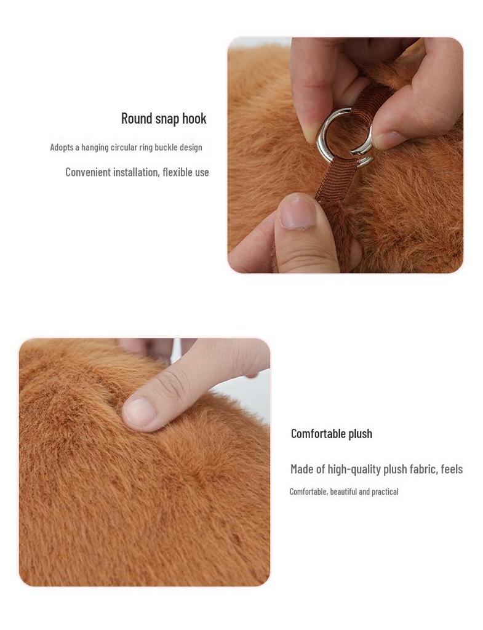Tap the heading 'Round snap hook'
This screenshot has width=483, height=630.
164,118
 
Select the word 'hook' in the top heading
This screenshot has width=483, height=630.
194,118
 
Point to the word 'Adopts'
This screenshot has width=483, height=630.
61,148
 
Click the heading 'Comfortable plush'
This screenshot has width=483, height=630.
331,434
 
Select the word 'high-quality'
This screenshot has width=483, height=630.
354,469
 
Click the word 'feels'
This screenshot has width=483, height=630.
452,469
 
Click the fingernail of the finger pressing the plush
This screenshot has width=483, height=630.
140,413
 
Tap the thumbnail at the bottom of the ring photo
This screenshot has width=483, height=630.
298,212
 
